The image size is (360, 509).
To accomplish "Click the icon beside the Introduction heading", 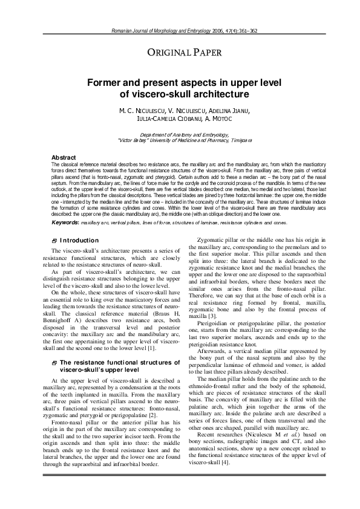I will pyautogui.click(x=54, y=241).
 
